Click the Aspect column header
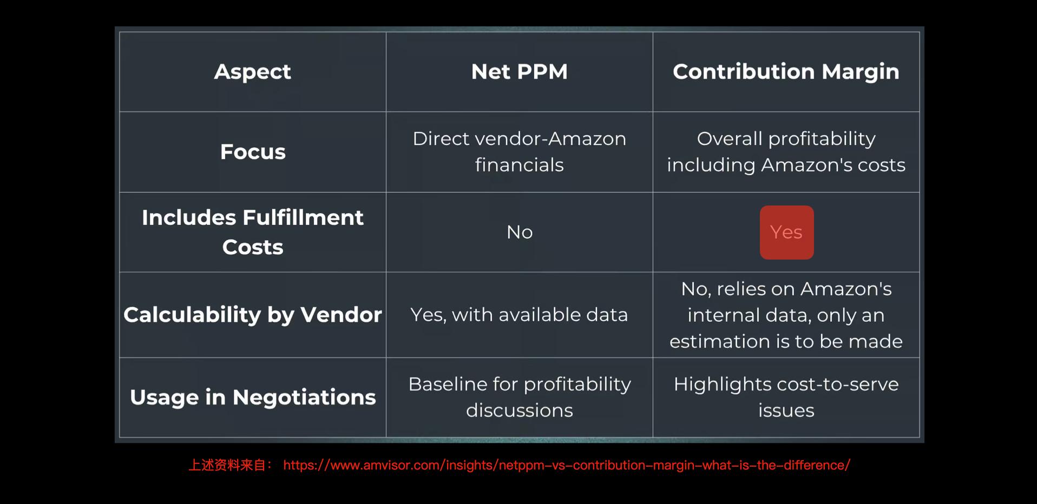pos(252,72)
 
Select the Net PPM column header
pos(519,72)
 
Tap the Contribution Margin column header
pos(786,72)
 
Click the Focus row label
pos(253,152)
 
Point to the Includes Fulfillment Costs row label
pos(253,232)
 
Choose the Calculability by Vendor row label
pos(253,315)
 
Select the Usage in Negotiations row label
pos(253,397)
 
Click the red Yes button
pos(786,233)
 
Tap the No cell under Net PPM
pos(520,233)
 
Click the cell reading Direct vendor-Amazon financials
pos(520,152)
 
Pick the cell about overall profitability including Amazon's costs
pos(786,152)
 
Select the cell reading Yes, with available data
pos(519,315)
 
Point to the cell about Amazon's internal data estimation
pos(786,315)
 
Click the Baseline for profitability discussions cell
pos(520,397)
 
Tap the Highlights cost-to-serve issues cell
pos(786,397)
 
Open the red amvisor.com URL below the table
pos(567,465)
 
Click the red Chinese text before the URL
pos(231,465)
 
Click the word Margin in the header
pos(860,72)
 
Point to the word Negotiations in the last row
pos(304,397)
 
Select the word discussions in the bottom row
pos(520,410)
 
